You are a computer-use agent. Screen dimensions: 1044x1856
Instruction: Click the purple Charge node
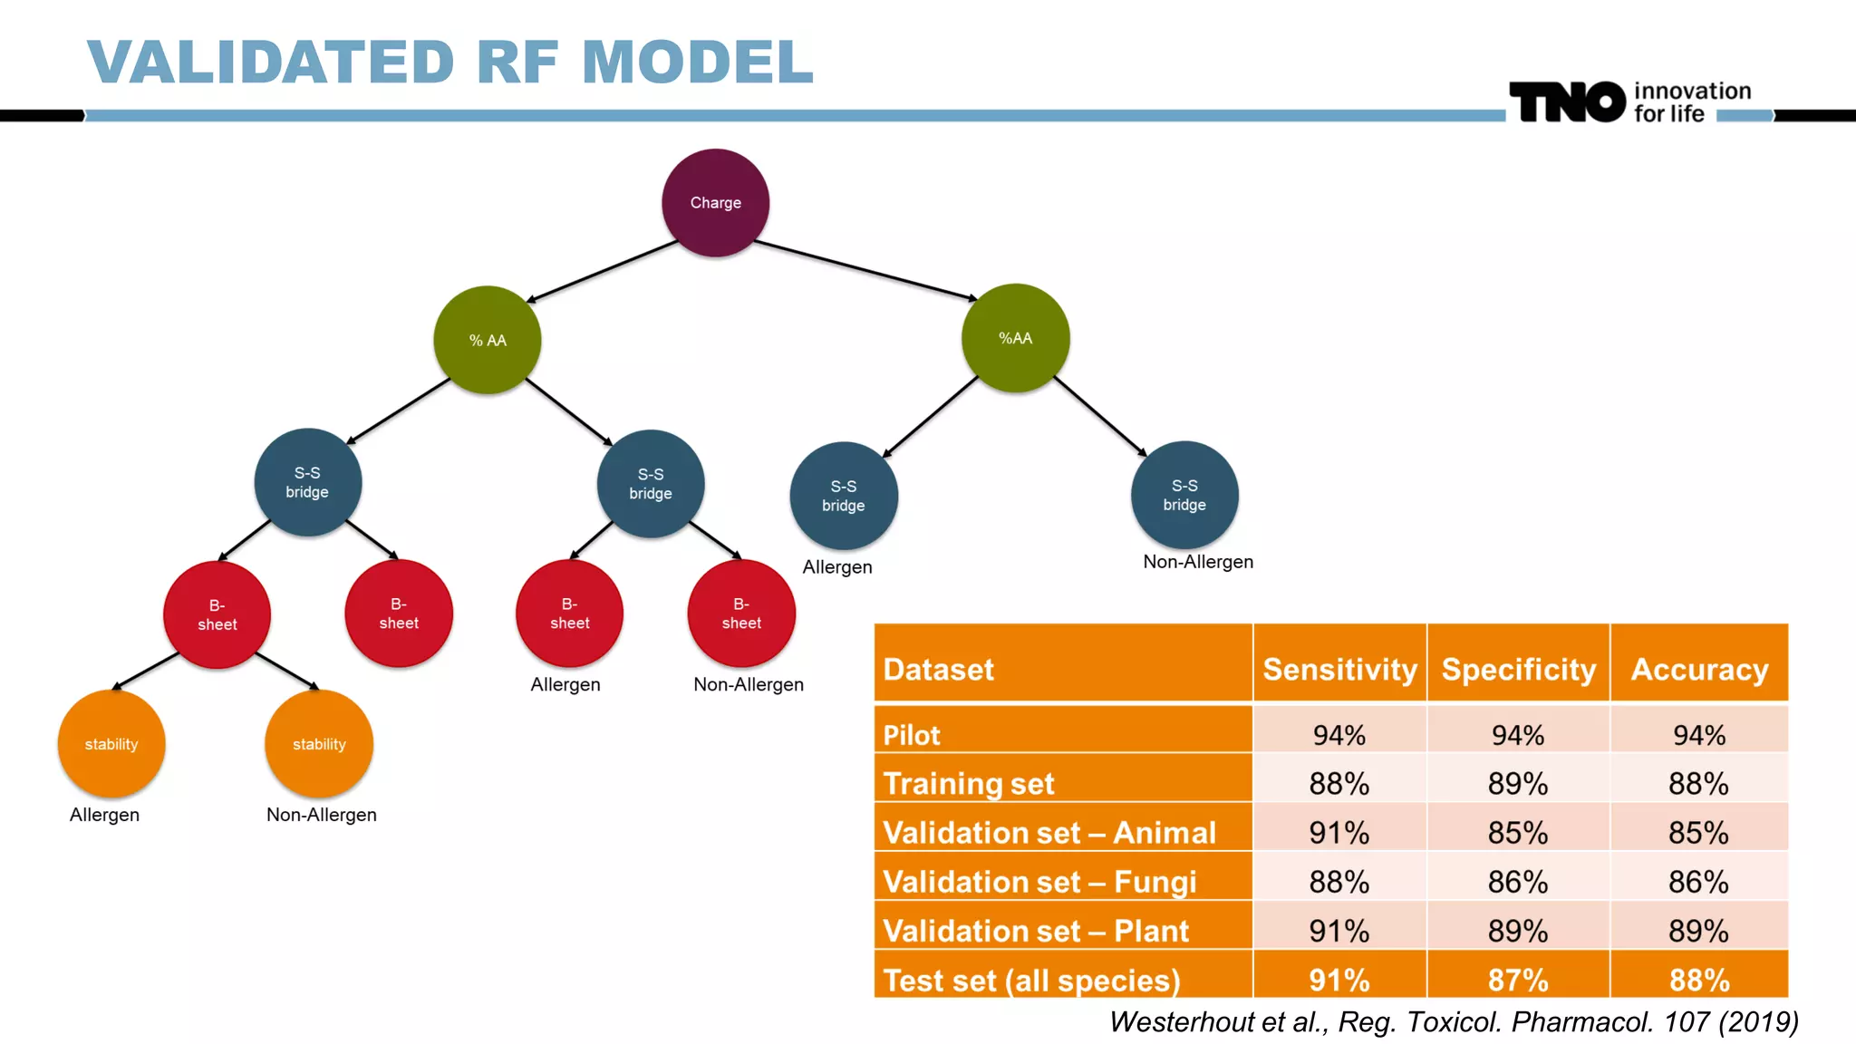click(x=715, y=203)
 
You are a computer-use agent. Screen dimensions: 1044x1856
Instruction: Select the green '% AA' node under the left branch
click(x=488, y=340)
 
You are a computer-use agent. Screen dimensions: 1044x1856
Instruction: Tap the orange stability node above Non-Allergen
click(x=319, y=744)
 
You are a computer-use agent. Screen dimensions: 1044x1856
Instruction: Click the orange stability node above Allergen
click(x=111, y=744)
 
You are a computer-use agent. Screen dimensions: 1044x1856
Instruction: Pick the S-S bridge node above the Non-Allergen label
click(x=1184, y=495)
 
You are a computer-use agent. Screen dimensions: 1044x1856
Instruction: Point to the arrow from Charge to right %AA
click(x=865, y=270)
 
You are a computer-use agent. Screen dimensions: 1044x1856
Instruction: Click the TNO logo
click(x=1567, y=101)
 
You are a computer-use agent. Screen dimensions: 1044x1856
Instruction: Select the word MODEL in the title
click(x=697, y=62)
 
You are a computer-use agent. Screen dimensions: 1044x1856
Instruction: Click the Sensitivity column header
click(x=1339, y=669)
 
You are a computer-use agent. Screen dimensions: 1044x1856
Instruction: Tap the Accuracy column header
click(x=1699, y=669)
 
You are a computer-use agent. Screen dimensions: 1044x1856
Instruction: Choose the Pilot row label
click(x=912, y=734)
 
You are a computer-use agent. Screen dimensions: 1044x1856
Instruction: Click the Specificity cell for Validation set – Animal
click(x=1518, y=832)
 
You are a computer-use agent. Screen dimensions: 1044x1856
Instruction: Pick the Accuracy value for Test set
click(x=1699, y=980)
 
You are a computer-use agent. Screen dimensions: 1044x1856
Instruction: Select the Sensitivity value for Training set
click(x=1339, y=783)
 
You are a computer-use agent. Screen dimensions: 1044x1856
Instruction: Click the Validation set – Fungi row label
click(x=1039, y=881)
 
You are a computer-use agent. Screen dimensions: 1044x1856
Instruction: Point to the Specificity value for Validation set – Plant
click(x=1518, y=931)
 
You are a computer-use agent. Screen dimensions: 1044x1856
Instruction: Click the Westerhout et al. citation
click(x=1454, y=1021)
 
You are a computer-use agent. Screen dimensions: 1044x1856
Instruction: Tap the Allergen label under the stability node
click(x=104, y=814)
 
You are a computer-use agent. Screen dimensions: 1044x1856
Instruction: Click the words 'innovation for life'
click(x=1691, y=102)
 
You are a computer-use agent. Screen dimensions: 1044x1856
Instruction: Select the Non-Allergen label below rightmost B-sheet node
click(x=749, y=684)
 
